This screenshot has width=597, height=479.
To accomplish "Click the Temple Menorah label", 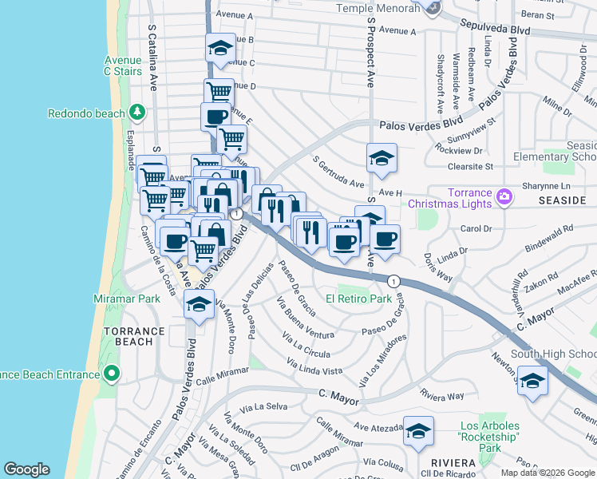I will [x=389, y=8].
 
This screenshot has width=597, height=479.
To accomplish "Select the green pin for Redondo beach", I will [x=137, y=113].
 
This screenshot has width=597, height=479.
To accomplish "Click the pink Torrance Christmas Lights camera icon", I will [x=504, y=196].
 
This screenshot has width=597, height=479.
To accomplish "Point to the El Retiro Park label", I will [x=358, y=299].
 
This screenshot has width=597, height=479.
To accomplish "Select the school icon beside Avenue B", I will [x=220, y=48].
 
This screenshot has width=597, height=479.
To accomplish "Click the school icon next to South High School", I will [x=532, y=380].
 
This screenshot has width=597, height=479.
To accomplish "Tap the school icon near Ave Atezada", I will [x=418, y=431].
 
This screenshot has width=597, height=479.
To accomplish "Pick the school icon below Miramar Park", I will [x=199, y=304].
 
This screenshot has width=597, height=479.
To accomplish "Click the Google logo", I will [x=26, y=469].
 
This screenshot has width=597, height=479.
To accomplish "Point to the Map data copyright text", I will [x=548, y=473].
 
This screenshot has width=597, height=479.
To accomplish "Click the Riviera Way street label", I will [x=441, y=396].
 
